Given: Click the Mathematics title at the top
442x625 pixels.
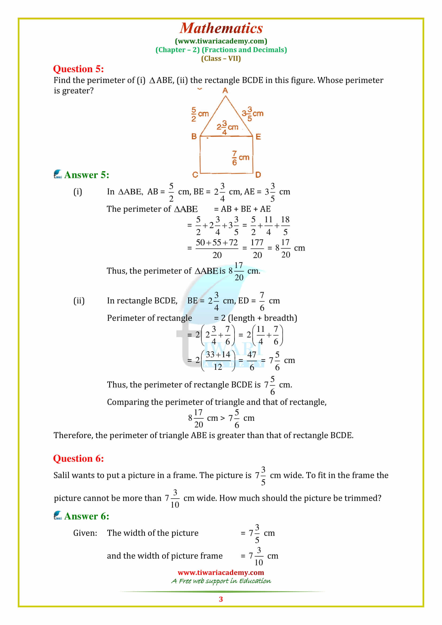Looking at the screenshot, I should [x=221, y=28].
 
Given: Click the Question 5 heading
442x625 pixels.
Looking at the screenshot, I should [x=78, y=69].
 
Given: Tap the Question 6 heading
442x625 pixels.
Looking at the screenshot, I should [x=78, y=459].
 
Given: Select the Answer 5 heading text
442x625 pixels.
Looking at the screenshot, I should [x=87, y=175].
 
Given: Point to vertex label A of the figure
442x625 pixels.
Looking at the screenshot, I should [x=225, y=91].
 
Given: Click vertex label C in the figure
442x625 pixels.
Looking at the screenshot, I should [x=195, y=174].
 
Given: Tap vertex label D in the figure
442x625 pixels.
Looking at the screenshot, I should [x=258, y=174].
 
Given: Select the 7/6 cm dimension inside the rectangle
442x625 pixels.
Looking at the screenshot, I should [x=240, y=158].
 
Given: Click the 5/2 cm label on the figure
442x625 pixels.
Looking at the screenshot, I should [x=200, y=114].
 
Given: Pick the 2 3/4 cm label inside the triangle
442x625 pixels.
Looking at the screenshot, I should [x=227, y=127].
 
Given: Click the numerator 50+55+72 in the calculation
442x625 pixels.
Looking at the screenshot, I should [x=217, y=243].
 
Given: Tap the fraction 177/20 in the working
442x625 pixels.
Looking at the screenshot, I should [x=257, y=248].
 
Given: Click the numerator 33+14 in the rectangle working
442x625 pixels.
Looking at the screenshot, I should [x=218, y=354].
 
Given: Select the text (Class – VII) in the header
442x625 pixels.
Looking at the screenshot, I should [x=221, y=59].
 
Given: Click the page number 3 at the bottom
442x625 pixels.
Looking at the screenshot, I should [x=221, y=599].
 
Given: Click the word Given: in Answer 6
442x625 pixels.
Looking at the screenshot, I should [x=85, y=533].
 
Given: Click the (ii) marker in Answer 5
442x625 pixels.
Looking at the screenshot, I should [x=79, y=301].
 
